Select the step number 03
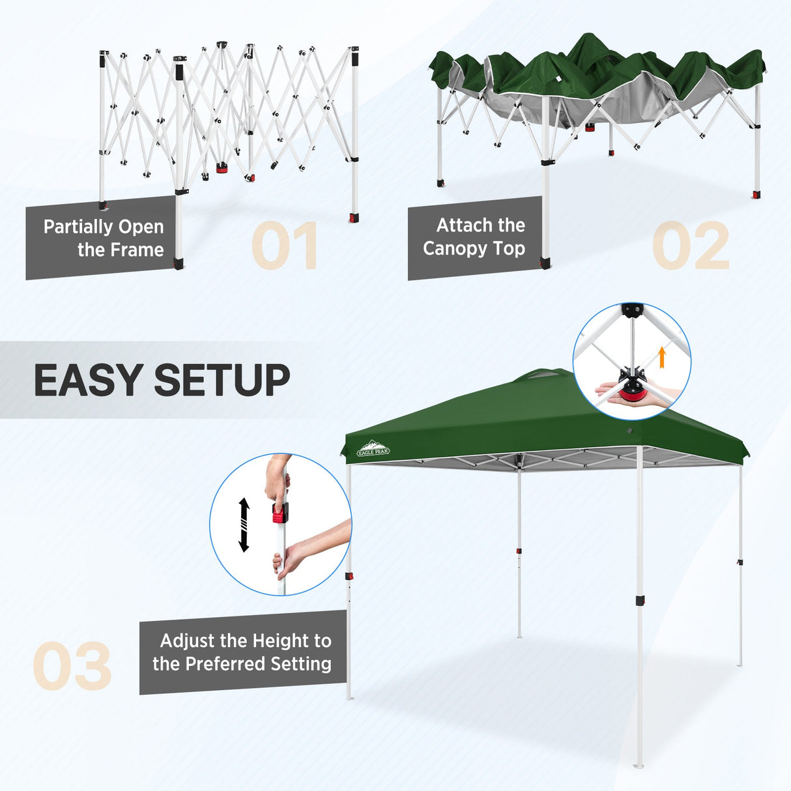(x=72, y=666)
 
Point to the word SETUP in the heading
(x=222, y=380)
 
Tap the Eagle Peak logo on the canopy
(x=373, y=450)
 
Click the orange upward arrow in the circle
(x=662, y=357)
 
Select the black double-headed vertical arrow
(x=244, y=525)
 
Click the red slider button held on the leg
(x=280, y=514)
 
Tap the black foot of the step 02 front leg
(x=545, y=263)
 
